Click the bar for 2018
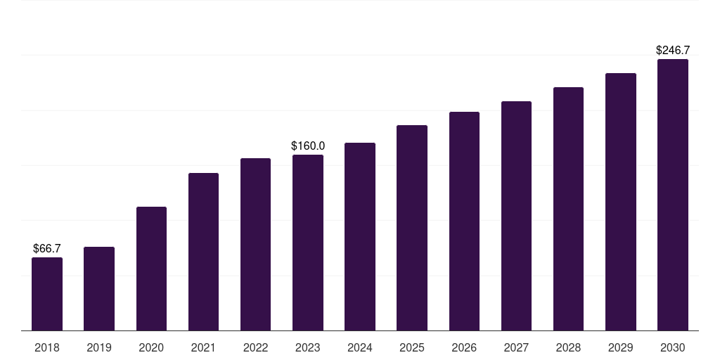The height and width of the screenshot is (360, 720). tap(47, 294)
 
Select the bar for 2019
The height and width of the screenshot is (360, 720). tap(99, 289)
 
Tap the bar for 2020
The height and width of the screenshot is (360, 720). tap(152, 269)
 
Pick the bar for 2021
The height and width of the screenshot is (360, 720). tap(203, 252)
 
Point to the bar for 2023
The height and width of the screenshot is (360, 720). tap(308, 243)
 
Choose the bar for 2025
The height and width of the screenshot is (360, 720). tap(412, 228)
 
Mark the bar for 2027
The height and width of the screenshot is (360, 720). tap(516, 216)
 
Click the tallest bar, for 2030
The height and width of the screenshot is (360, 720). tap(673, 195)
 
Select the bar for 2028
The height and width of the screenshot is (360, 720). tap(568, 209)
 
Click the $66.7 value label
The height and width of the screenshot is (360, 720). tap(47, 248)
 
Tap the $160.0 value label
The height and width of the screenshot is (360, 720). tap(308, 146)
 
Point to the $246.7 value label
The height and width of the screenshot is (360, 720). tap(673, 50)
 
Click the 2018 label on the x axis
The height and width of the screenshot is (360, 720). tap(47, 347)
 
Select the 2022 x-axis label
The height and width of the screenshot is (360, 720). tap(255, 347)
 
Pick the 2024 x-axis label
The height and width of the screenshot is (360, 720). tap(359, 347)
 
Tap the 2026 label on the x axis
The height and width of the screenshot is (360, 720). tap(464, 347)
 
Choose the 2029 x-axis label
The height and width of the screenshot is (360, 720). tap(621, 347)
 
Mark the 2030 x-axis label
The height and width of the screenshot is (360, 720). tap(673, 347)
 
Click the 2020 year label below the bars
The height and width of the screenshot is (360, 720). tap(151, 347)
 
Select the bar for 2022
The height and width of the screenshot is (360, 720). tap(255, 244)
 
